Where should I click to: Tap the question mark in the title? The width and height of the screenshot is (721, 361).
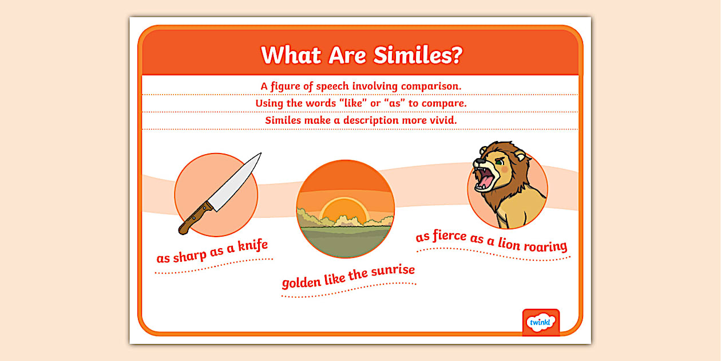(x=457, y=56)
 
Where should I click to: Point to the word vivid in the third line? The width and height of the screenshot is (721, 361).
(x=442, y=120)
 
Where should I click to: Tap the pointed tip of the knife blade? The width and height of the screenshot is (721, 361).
(x=260, y=154)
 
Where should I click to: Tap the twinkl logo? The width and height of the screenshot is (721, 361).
(x=541, y=323)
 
